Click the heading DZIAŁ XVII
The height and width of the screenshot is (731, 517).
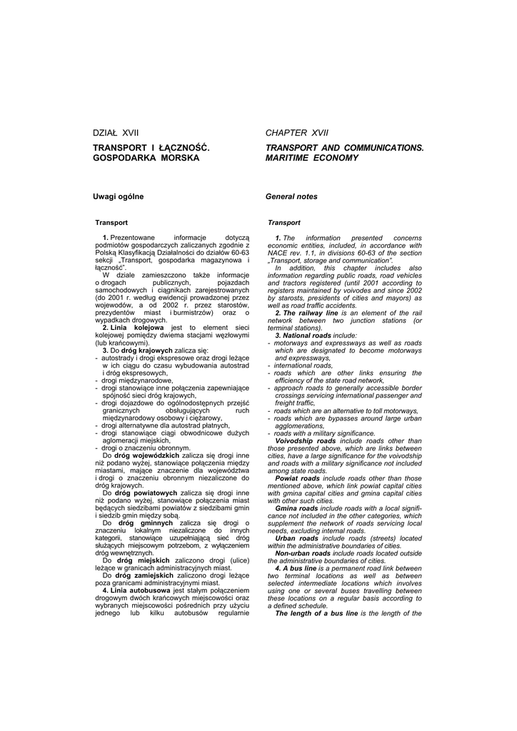(x=116, y=133)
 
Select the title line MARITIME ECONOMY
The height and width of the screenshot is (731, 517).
(x=312, y=157)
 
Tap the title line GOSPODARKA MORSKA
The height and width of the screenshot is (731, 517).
(x=146, y=157)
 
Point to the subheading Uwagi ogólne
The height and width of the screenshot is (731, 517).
(x=118, y=196)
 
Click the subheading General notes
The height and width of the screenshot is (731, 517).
(x=291, y=196)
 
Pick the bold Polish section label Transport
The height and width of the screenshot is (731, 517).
(x=111, y=223)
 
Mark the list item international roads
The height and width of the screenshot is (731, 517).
(x=303, y=365)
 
